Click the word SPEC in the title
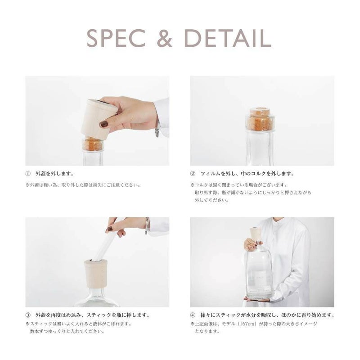(116, 38)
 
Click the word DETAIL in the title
(228, 38)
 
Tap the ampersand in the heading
(165, 38)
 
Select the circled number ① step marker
(28, 174)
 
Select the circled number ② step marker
(193, 174)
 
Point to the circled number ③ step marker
(28, 315)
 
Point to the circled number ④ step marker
(193, 315)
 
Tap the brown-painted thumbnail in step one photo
(104, 124)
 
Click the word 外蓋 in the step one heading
(40, 174)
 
